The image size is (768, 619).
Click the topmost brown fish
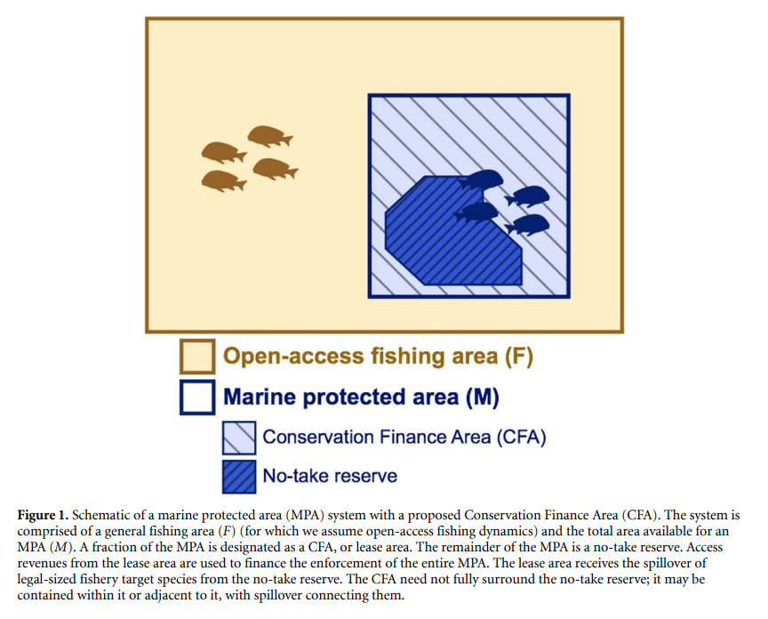(x=269, y=137)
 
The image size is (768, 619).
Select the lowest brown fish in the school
(x=223, y=181)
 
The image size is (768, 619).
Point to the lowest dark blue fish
(x=527, y=225)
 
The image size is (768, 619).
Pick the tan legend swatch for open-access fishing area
(x=197, y=357)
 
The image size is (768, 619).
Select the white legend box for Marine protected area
(x=197, y=398)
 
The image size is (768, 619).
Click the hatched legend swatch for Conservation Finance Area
(x=239, y=438)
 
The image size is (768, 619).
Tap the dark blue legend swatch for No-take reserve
(x=239, y=477)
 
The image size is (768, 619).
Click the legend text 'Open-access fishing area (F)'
(x=378, y=357)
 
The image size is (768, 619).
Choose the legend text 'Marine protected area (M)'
(x=361, y=397)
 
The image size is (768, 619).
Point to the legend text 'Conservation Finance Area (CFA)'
(x=404, y=438)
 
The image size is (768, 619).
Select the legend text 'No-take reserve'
(x=330, y=476)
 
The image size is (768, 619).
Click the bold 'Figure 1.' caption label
(x=43, y=516)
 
